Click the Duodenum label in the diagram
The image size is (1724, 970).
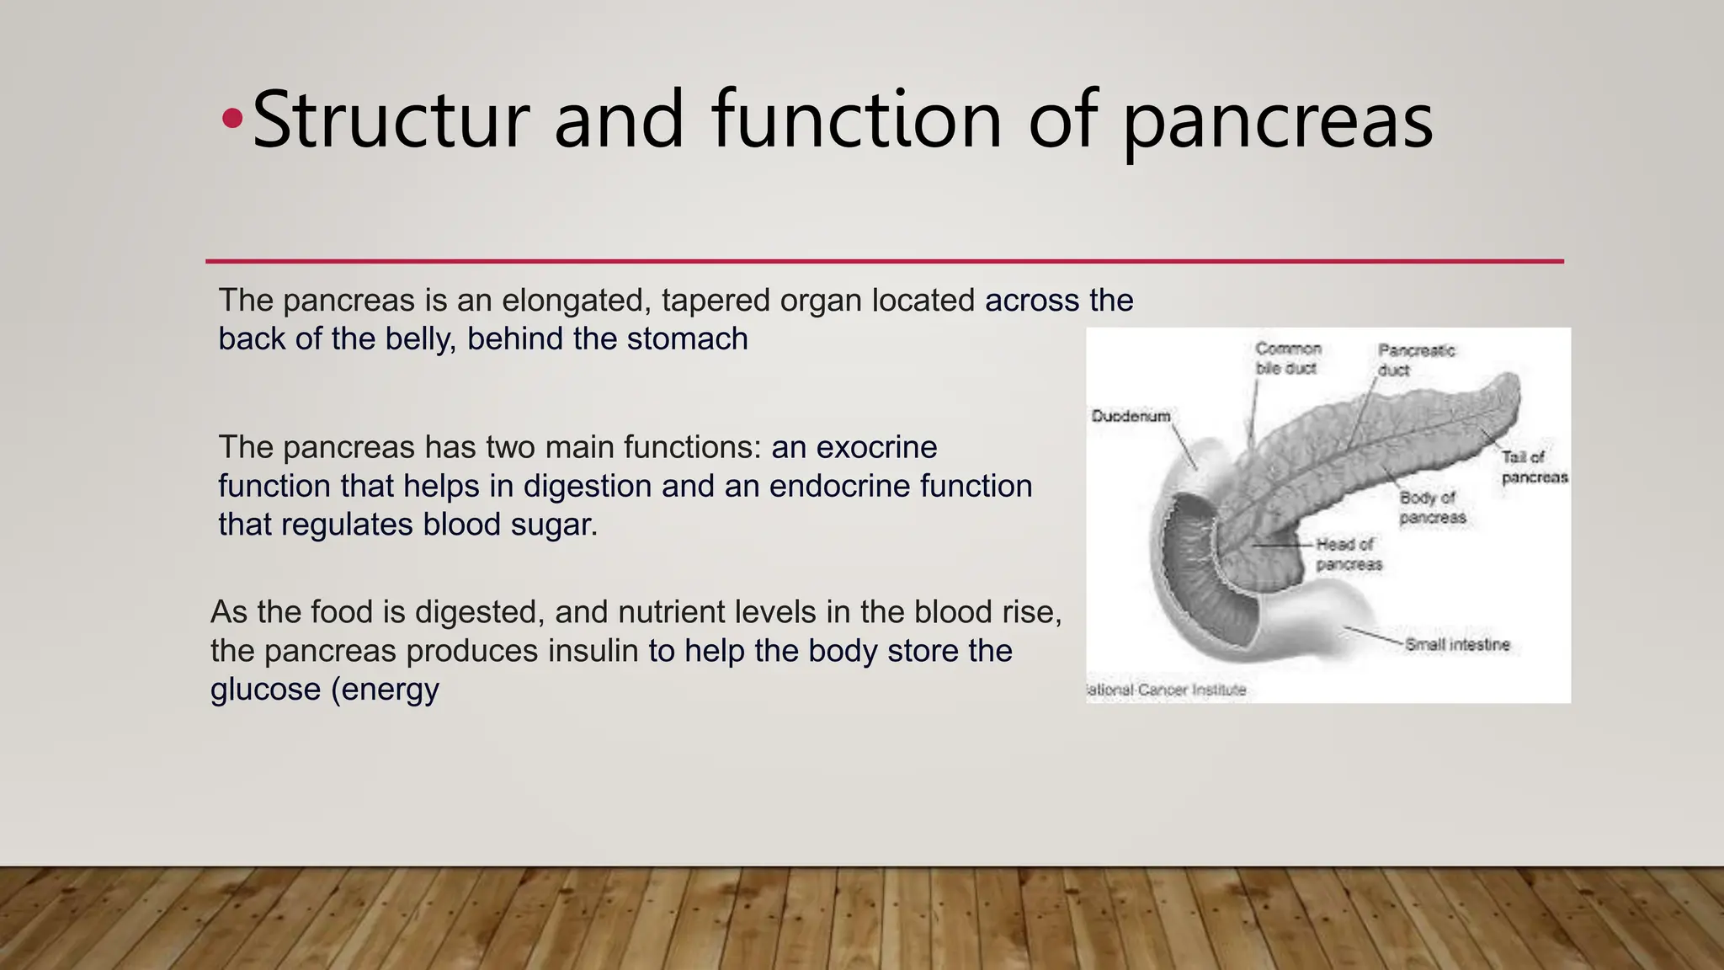pyautogui.click(x=1131, y=416)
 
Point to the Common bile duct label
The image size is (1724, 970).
pyautogui.click(x=1288, y=358)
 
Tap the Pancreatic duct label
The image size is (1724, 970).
pyautogui.click(x=1415, y=360)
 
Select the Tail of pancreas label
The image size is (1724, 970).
pyautogui.click(x=1534, y=467)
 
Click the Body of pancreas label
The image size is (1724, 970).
pyautogui.click(x=1432, y=508)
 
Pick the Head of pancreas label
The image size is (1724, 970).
pyautogui.click(x=1348, y=554)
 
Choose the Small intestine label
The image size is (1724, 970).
pyautogui.click(x=1457, y=645)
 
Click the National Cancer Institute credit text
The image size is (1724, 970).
pyautogui.click(x=1168, y=690)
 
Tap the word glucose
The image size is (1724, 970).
pyautogui.click(x=264, y=690)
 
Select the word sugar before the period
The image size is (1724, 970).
pyautogui.click(x=553, y=525)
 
